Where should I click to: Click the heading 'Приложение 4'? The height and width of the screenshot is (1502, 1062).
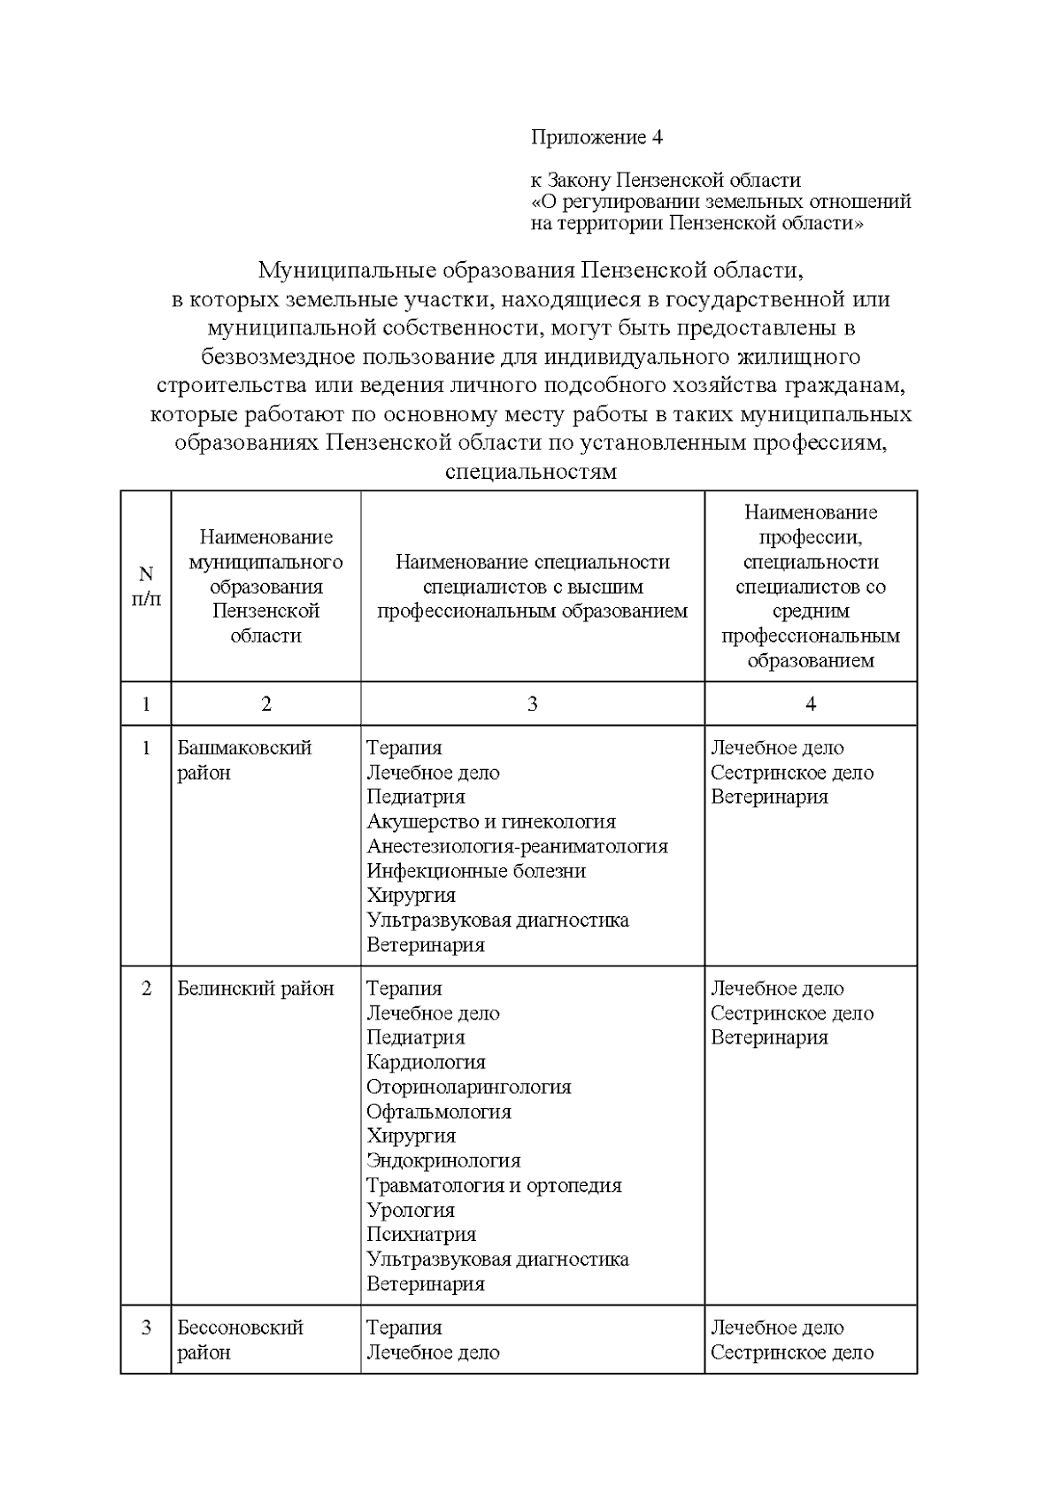pyautogui.click(x=596, y=137)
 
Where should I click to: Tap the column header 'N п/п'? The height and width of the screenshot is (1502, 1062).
pyautogui.click(x=146, y=586)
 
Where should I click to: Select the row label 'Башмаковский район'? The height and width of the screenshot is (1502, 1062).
pyautogui.click(x=244, y=759)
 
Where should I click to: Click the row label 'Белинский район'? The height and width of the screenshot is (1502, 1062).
pyautogui.click(x=256, y=989)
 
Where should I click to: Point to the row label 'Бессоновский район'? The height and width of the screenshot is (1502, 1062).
pyautogui.click(x=240, y=1339)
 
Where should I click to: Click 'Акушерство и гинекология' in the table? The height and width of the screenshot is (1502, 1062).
pyautogui.click(x=491, y=821)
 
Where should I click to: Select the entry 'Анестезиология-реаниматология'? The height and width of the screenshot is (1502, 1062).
pyautogui.click(x=517, y=846)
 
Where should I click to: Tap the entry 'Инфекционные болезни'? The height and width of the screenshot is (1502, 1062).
pyautogui.click(x=476, y=871)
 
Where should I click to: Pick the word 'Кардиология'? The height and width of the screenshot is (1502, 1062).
pyautogui.click(x=426, y=1062)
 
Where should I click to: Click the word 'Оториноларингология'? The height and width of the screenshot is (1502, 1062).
pyautogui.click(x=469, y=1087)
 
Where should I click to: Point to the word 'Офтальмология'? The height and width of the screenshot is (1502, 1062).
pyautogui.click(x=439, y=1112)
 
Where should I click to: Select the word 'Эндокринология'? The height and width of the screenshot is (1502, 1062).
pyautogui.click(x=443, y=1160)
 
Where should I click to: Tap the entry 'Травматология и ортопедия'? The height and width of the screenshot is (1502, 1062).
pyautogui.click(x=494, y=1185)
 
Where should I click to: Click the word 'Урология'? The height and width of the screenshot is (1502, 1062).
pyautogui.click(x=411, y=1210)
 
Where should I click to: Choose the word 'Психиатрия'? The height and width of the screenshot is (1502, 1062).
pyautogui.click(x=421, y=1235)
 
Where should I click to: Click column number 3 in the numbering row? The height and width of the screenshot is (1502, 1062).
pyautogui.click(x=532, y=705)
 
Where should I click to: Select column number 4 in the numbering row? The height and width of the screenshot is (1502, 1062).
pyautogui.click(x=811, y=705)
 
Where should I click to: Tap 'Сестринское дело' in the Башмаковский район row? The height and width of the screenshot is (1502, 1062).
pyautogui.click(x=792, y=773)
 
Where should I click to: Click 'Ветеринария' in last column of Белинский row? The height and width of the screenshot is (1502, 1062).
pyautogui.click(x=769, y=1037)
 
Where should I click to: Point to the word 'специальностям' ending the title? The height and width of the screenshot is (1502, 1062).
pyautogui.click(x=531, y=472)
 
